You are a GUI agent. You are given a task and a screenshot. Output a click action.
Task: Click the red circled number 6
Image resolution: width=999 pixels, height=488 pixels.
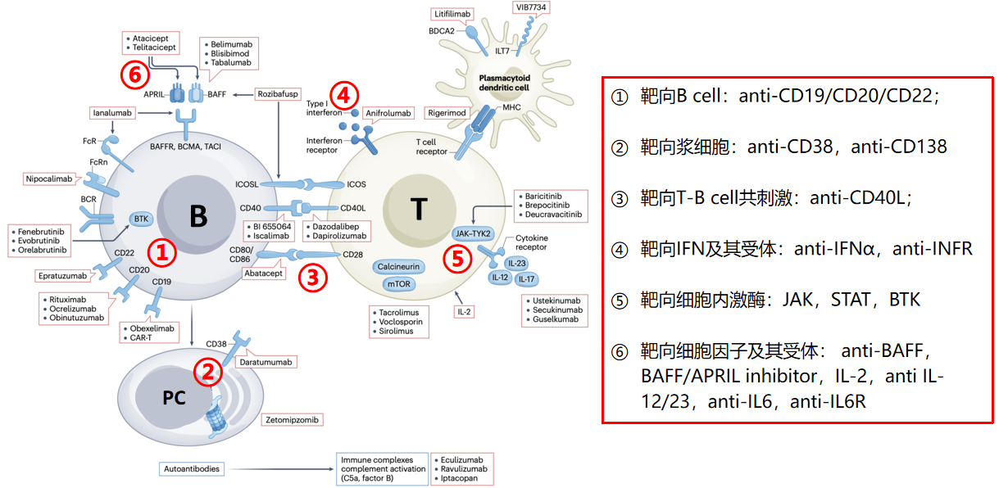point(136,75)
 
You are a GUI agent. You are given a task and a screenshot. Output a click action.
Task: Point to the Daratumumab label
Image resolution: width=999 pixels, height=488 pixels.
point(266,361)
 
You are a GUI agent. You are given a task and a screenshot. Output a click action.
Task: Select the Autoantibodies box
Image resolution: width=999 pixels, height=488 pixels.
point(193,468)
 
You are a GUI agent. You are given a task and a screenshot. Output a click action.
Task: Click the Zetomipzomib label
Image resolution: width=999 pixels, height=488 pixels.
point(292,419)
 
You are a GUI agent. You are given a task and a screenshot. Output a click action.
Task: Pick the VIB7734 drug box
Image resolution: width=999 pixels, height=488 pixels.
point(530,7)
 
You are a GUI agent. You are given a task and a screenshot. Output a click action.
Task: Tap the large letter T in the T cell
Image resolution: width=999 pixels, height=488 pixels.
point(418,210)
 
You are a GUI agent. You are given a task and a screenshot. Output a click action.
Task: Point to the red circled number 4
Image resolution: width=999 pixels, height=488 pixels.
point(344,95)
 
